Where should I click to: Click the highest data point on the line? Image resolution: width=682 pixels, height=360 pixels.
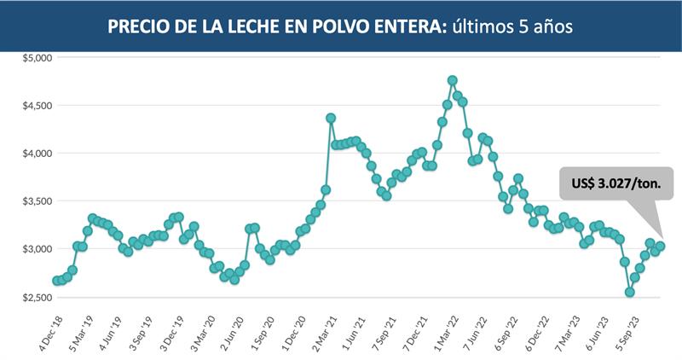pyautogui.click(x=452, y=80)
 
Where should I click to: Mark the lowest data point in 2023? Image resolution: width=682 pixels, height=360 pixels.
pyautogui.click(x=630, y=292)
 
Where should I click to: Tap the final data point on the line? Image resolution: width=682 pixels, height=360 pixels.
pyautogui.click(x=661, y=247)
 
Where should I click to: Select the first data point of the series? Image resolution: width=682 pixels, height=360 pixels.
pyautogui.click(x=56, y=281)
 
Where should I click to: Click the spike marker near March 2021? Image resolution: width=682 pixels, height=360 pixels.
pyautogui.click(x=331, y=118)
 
